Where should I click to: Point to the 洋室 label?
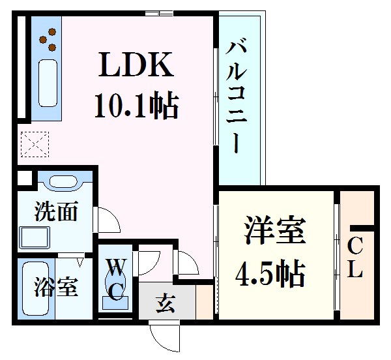(x=274, y=233)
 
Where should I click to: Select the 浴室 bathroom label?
(x=57, y=287)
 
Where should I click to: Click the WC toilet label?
(x=115, y=278)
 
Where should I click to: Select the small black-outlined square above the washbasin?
(x=23, y=177)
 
